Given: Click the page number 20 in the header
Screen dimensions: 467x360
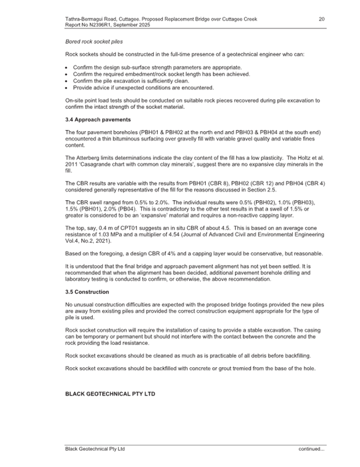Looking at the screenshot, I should (x=322, y=19).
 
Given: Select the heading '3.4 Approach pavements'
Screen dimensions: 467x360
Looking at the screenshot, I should (x=98, y=119).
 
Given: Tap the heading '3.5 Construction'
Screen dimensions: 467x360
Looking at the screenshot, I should (x=87, y=292).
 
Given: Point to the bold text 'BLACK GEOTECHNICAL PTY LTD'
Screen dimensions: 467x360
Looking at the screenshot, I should (x=110, y=394).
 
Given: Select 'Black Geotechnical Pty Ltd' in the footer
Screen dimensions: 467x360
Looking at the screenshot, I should (x=94, y=449).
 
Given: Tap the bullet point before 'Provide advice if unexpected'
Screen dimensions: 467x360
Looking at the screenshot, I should (x=66, y=88).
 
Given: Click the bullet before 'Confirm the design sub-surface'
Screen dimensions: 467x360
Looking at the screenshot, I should (x=66, y=67).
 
